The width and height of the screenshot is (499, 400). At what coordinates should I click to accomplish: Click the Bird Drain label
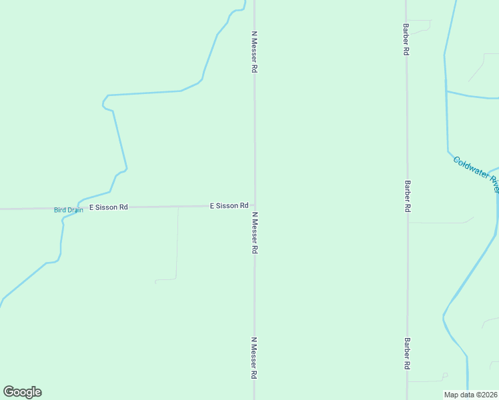tap(69, 210)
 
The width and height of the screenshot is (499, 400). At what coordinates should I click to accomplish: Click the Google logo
tap(22, 392)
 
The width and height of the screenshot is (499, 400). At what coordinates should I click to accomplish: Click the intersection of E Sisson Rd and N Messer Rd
tap(254, 206)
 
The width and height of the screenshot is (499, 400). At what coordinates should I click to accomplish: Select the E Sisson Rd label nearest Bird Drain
tap(109, 207)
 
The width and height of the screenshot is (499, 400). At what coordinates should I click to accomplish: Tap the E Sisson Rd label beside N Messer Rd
tap(229, 206)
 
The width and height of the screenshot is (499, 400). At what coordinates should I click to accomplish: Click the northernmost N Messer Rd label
tap(254, 51)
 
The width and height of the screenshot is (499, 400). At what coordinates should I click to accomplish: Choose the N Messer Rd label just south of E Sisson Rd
tap(254, 233)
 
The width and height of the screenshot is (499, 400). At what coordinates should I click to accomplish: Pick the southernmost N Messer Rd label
tap(254, 358)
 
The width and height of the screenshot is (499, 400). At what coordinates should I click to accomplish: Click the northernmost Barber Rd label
tap(406, 39)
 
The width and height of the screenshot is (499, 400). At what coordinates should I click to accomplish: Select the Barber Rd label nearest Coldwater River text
tap(406, 196)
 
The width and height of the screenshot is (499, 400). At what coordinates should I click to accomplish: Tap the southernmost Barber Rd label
tap(406, 353)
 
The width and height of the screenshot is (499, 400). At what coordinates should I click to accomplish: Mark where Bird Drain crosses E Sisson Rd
tap(79, 208)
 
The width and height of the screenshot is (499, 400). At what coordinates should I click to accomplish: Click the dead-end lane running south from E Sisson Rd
tap(177, 247)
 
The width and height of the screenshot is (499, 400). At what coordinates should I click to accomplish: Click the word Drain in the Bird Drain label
tap(75, 210)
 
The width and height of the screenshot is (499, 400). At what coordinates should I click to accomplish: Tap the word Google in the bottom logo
tap(22, 392)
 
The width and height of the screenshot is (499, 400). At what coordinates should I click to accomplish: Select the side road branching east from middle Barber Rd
tap(440, 223)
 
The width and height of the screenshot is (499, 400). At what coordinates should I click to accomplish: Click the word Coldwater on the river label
tap(470, 168)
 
